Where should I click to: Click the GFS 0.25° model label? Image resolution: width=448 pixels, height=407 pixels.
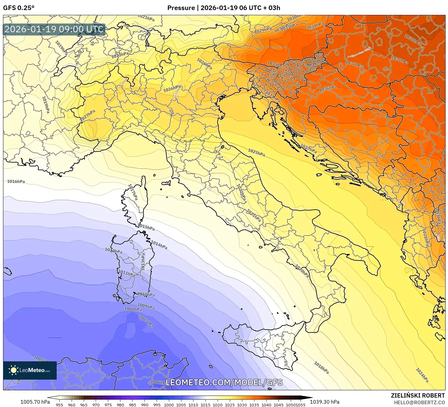pos(19,8)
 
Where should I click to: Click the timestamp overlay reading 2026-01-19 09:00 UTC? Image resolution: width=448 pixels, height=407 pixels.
pos(54,29)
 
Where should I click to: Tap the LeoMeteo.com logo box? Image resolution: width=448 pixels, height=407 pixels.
pos(30,370)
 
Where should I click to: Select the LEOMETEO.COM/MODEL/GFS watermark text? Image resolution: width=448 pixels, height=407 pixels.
pos(224,382)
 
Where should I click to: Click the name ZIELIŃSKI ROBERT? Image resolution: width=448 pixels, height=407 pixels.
pos(418,395)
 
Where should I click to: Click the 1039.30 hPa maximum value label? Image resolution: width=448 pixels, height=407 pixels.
pos(324,402)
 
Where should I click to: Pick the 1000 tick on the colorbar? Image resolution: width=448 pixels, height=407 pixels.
pos(169,405)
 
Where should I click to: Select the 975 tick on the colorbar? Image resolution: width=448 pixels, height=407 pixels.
pos(108,405)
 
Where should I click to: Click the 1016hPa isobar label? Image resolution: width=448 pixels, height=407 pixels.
pos(16,181)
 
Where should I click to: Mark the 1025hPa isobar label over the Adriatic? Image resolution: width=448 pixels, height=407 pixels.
pos(256,153)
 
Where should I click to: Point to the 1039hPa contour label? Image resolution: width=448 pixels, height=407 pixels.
pos(412,40)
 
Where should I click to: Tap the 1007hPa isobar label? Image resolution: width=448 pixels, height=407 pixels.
pos(146,321)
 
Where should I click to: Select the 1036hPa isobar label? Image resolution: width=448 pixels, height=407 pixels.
pos(328,88)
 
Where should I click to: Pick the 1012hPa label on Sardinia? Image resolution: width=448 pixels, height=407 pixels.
pos(113,251)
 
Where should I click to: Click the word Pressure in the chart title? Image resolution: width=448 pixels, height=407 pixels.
pos(181,8)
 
